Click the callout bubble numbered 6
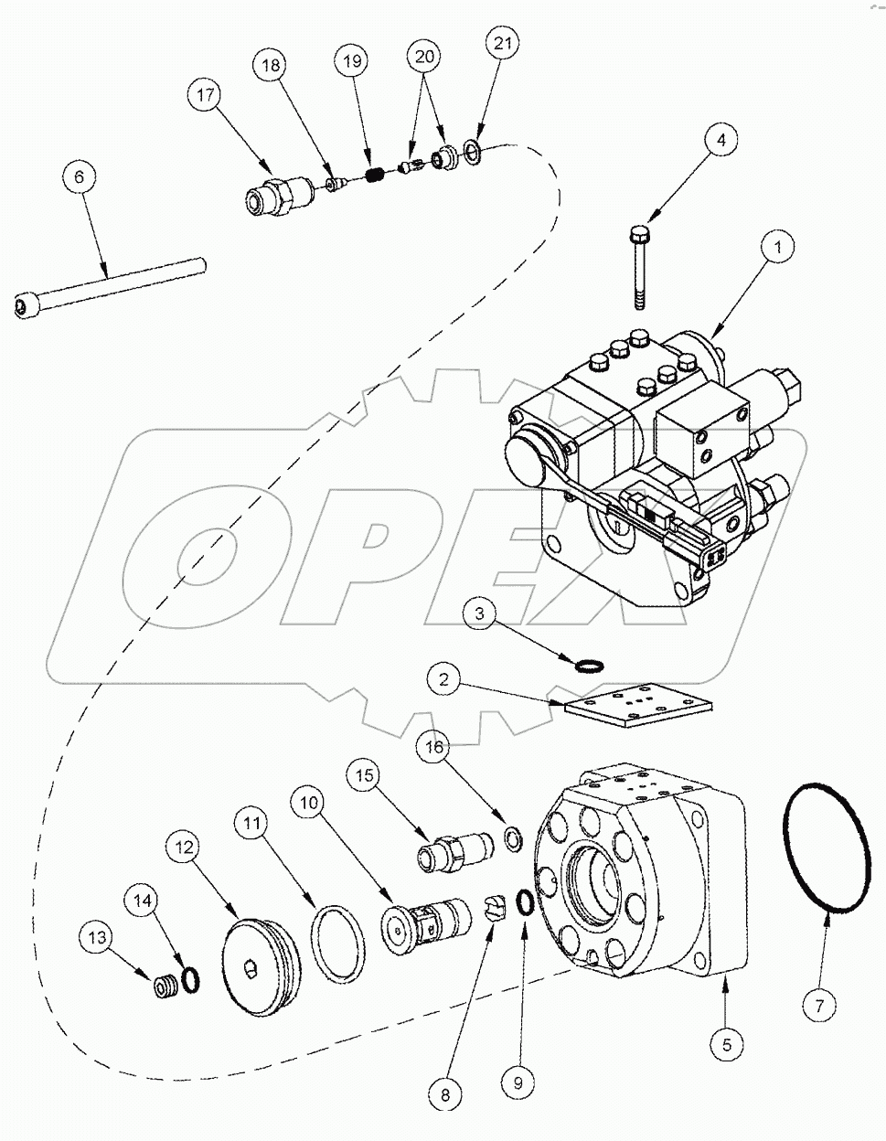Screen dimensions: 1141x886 click(79, 176)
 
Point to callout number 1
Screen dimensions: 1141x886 click(779, 248)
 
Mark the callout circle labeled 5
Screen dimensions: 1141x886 click(728, 1041)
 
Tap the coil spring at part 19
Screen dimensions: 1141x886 click(372, 173)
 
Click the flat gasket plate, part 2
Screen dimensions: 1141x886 click(636, 704)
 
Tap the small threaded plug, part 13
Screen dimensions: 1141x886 click(165, 988)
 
